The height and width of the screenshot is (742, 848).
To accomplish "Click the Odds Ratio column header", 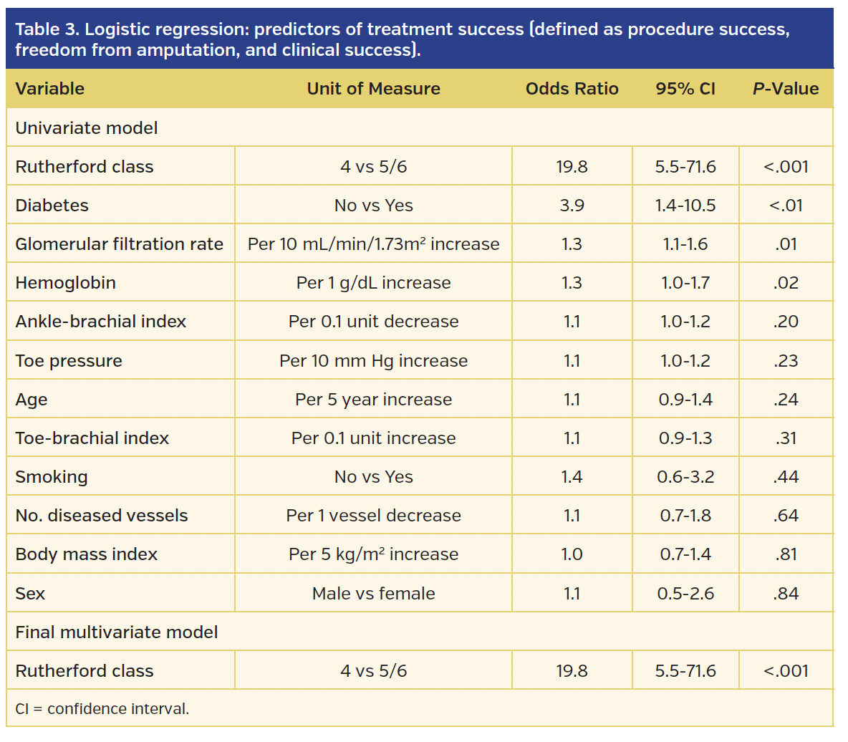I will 572,89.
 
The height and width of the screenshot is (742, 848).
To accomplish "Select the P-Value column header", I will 786,89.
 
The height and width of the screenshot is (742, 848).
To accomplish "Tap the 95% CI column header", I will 685,89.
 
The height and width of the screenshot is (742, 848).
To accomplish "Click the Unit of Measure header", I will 373,89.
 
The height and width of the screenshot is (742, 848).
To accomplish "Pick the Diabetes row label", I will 52,206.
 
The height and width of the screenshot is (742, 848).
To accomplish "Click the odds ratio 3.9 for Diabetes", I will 572,206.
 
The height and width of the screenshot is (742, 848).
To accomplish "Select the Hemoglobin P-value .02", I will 786,283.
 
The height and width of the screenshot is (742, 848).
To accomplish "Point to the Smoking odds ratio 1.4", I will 572,477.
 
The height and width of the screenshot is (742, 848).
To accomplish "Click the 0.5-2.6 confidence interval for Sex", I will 685,594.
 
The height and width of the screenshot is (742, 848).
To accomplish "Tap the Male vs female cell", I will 373,594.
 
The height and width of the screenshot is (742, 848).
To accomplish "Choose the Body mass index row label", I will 86,554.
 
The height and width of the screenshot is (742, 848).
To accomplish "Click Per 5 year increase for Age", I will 373,400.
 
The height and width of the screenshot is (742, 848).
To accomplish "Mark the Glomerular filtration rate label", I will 119,244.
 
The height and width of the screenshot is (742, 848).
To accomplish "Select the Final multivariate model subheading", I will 116,632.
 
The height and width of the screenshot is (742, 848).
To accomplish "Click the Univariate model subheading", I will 86,128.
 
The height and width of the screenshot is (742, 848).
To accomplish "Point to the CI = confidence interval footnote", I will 102,709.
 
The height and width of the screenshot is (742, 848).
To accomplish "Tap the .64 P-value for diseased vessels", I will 786,516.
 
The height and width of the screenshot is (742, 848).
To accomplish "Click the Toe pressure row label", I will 69,361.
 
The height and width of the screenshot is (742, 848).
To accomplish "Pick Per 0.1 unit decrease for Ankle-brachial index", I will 373,322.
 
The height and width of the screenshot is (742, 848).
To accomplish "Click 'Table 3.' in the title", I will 47,29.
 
